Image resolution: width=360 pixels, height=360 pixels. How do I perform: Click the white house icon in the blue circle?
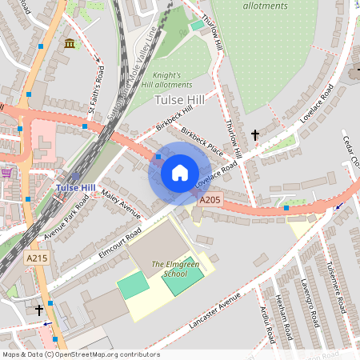[180, 173]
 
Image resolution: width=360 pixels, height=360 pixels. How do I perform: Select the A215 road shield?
[36, 258]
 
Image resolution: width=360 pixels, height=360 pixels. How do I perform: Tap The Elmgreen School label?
[169, 268]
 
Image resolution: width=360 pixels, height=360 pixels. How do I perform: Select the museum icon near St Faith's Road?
[70, 42]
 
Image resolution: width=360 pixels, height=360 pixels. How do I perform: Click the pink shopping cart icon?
[6, 172]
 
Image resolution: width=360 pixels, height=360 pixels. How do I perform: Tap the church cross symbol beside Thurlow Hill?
[255, 135]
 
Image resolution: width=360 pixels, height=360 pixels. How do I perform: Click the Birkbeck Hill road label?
[176, 121]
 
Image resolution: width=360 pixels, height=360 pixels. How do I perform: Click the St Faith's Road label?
[97, 95]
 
